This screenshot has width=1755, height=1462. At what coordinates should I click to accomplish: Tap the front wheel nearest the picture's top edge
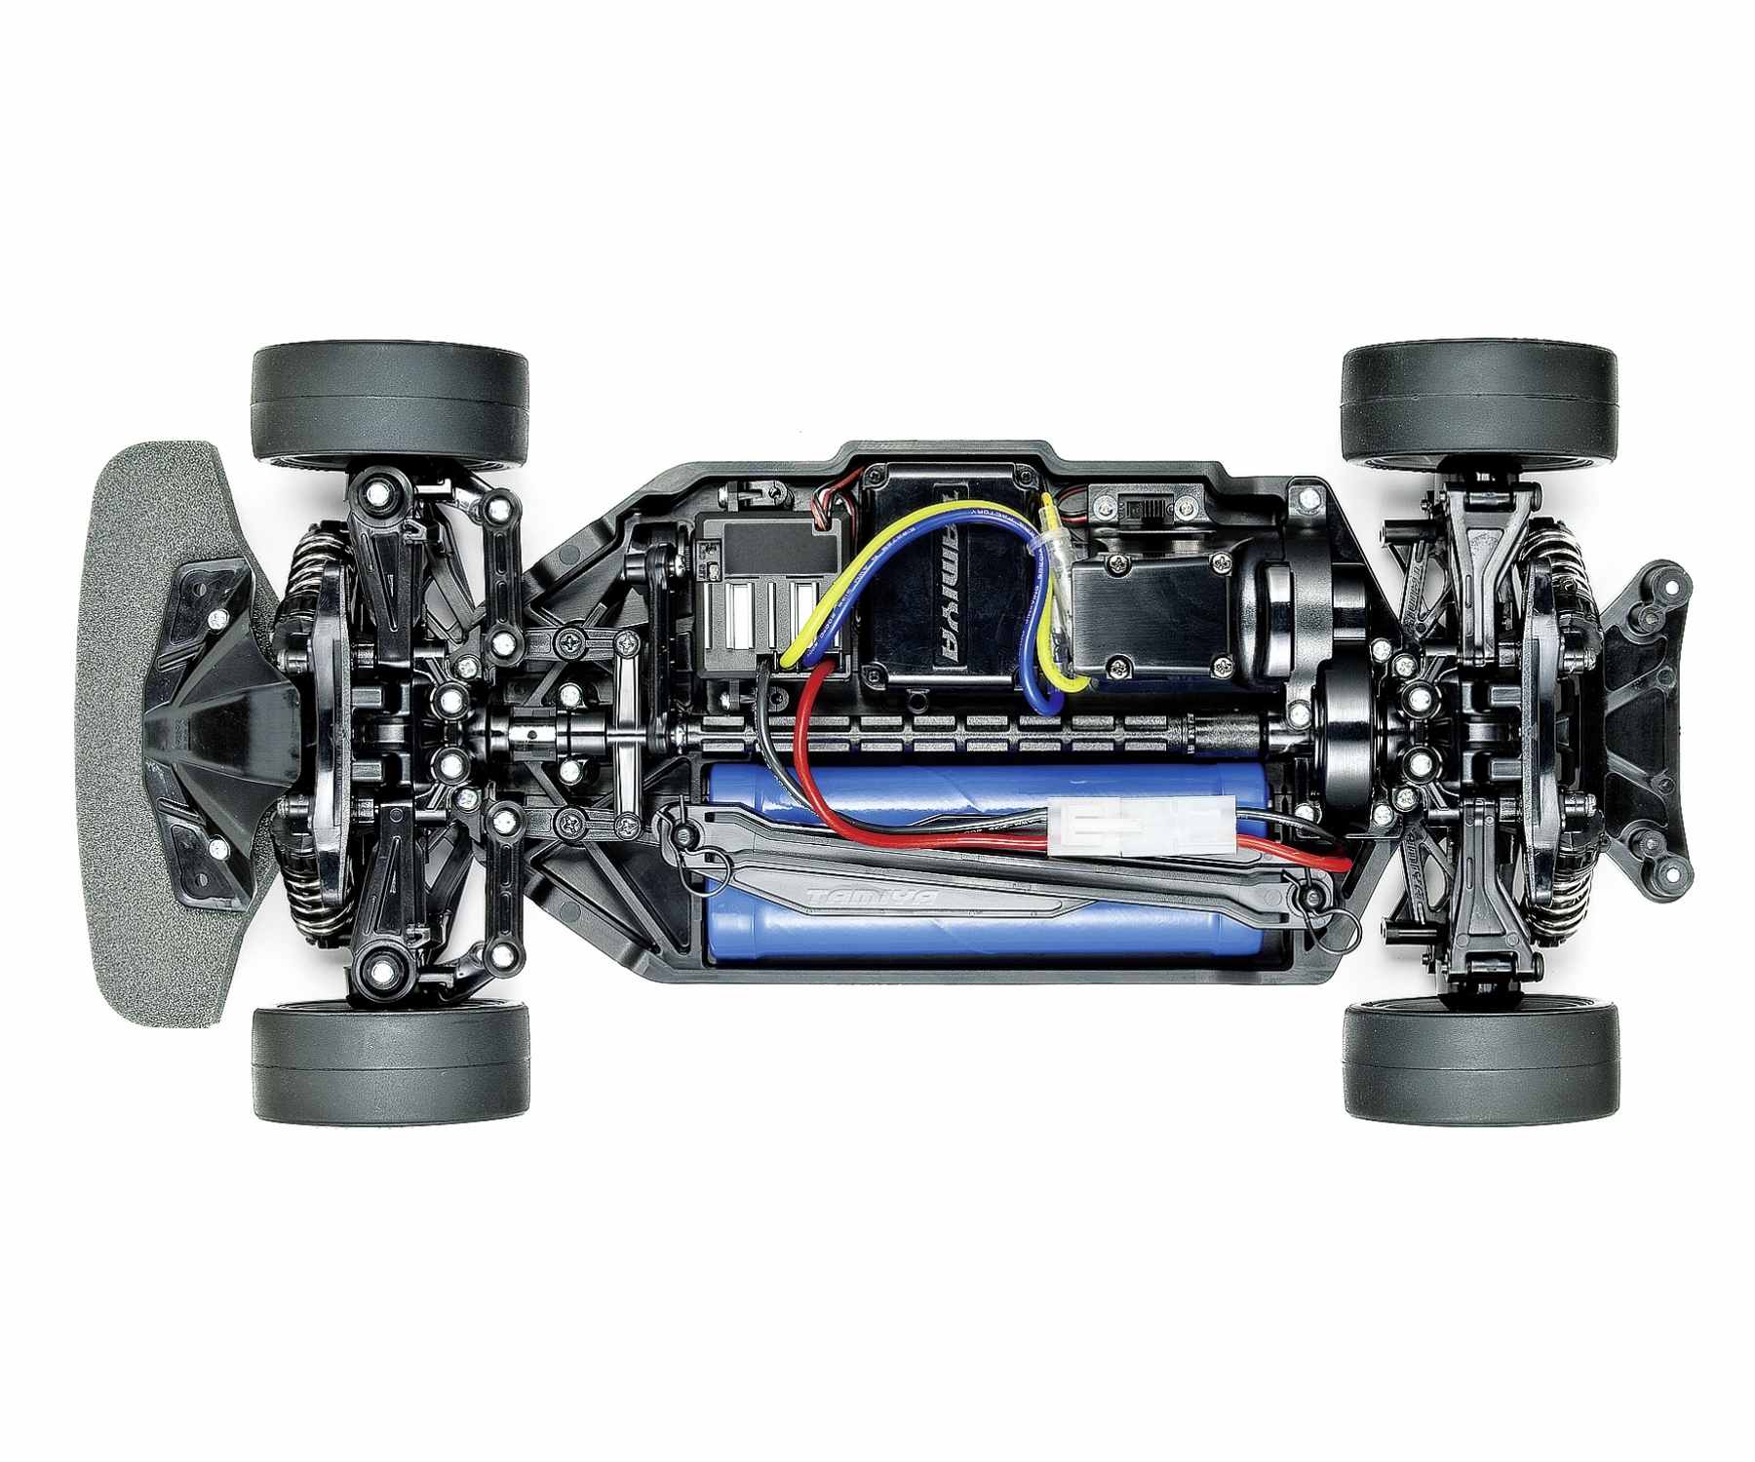390,402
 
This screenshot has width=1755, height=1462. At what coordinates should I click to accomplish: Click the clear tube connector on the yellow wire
1055,546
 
